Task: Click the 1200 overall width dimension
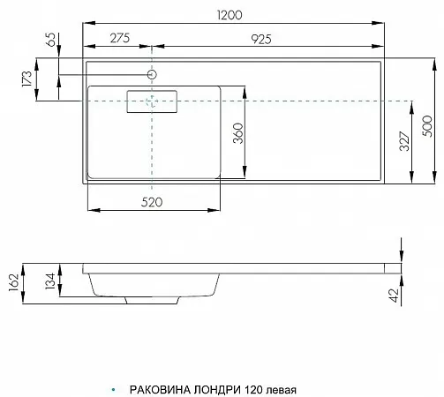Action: (230, 15)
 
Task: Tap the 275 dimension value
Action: (120, 38)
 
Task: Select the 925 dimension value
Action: (261, 40)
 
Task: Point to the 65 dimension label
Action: (51, 39)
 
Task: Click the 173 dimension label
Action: (26, 79)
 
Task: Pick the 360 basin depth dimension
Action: (238, 133)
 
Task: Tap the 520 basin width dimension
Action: (152, 202)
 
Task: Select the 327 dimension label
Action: (404, 141)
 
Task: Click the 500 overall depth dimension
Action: (427, 126)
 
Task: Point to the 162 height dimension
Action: (14, 282)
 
